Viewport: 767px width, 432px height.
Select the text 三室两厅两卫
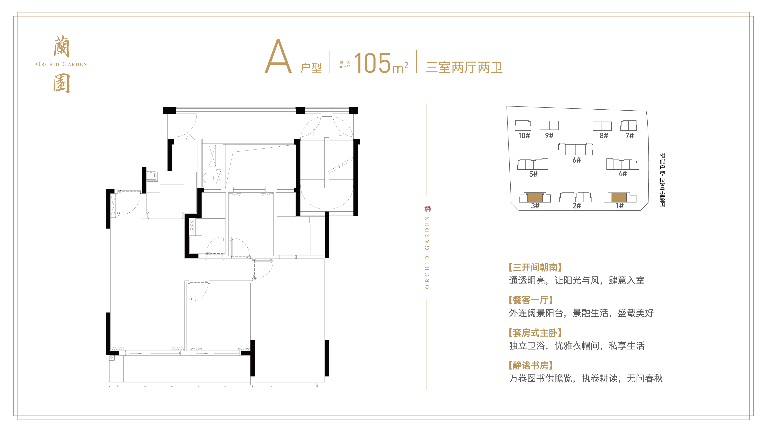coord(464,67)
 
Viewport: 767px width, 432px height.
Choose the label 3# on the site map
coord(535,206)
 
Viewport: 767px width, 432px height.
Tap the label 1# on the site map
coord(620,206)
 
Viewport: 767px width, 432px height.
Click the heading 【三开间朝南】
coord(535,267)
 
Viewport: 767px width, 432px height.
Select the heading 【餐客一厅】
coord(531,300)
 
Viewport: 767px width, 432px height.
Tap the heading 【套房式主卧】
coord(535,333)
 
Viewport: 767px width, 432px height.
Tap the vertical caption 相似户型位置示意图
coord(662,180)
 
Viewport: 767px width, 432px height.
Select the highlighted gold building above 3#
coord(535,197)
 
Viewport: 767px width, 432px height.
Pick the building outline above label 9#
coord(549,125)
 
